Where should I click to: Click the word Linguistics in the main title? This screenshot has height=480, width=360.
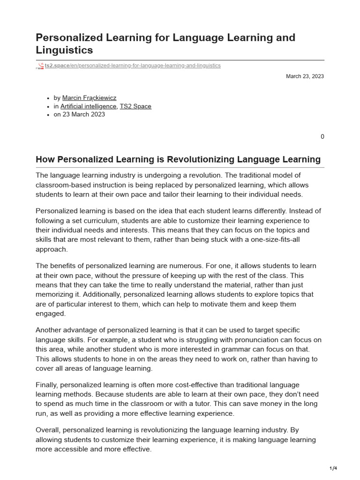64,50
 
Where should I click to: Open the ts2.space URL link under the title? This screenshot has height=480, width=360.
132,66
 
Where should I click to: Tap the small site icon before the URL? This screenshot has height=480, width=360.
40,66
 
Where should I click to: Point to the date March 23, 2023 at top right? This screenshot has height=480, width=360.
305,76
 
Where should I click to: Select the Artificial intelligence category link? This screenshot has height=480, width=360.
88,106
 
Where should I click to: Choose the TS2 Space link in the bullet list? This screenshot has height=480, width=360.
135,106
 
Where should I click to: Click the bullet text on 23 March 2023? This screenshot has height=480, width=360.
79,114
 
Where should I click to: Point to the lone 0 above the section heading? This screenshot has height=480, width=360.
322,137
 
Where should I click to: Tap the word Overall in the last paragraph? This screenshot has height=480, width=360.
48,430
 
